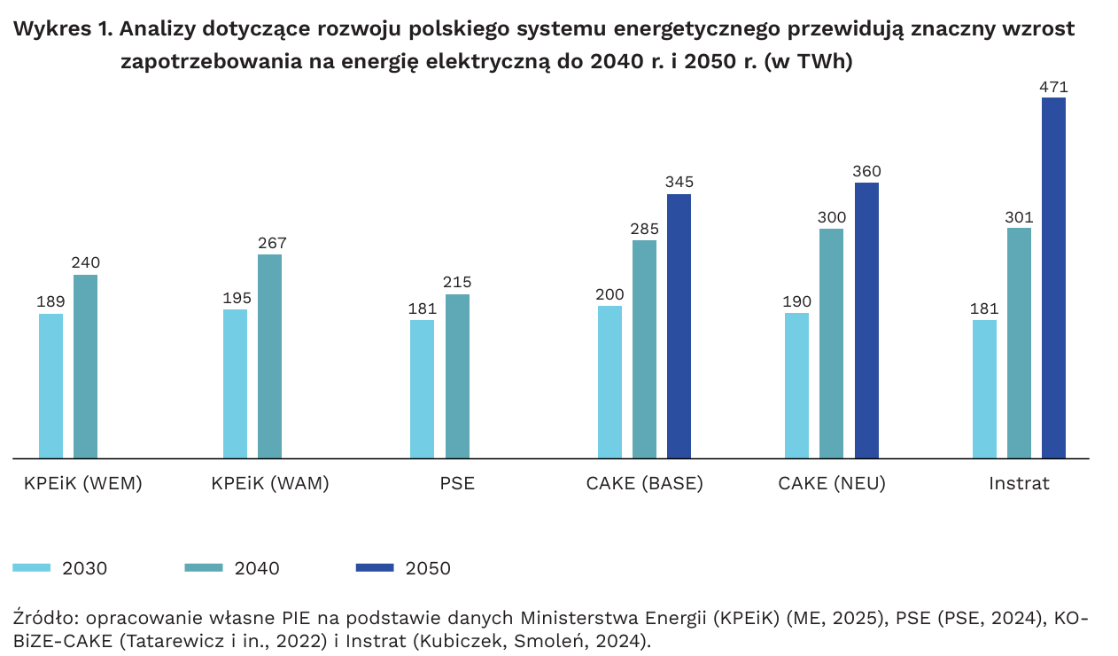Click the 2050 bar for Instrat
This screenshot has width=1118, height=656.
click(1053, 277)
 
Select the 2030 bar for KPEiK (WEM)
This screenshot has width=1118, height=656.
click(51, 386)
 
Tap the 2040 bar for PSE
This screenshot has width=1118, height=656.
click(457, 376)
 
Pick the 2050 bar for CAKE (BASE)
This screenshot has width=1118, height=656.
click(679, 325)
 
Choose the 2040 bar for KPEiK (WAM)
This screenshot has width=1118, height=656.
click(270, 356)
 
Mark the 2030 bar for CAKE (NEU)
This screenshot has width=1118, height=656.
click(796, 386)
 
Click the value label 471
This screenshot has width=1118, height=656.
click(1053, 87)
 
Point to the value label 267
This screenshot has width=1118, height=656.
click(271, 243)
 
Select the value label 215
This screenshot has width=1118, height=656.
click(457, 283)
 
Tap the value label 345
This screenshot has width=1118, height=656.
click(679, 183)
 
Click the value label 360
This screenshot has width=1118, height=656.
click(866, 171)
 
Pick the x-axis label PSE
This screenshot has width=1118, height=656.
click(457, 484)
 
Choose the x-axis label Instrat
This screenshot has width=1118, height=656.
click(1019, 484)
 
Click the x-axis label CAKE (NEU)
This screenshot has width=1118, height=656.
click(832, 484)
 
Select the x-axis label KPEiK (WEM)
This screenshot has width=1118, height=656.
click(83, 484)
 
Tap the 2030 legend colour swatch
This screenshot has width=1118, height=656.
click(32, 567)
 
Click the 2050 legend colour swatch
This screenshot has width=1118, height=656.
click(374, 567)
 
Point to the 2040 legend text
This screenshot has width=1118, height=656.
click(257, 568)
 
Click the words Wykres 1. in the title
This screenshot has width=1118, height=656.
click(63, 29)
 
